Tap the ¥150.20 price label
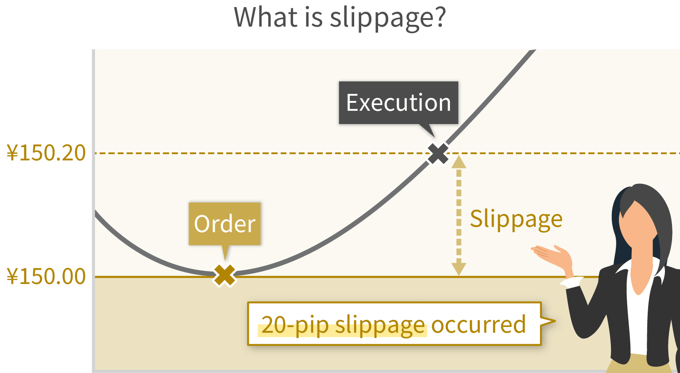[x=46, y=153]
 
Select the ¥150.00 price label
[x=46, y=276]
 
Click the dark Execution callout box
[x=398, y=103]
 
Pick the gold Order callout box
[x=224, y=224]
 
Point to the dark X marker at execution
[x=438, y=153]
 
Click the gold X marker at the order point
[x=224, y=276]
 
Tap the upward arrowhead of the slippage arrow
[x=459, y=162]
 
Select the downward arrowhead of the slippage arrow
[x=459, y=269]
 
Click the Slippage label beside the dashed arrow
[x=516, y=219]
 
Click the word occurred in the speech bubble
[x=479, y=324]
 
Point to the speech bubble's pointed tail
[x=548, y=321]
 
